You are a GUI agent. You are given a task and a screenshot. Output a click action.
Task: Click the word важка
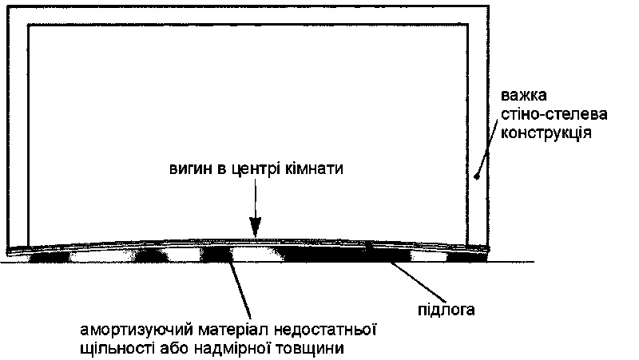tap(523, 96)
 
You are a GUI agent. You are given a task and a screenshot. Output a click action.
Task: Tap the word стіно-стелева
tap(554, 114)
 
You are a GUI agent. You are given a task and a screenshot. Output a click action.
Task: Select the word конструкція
tap(546, 133)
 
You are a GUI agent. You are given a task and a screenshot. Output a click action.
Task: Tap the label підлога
tap(447, 310)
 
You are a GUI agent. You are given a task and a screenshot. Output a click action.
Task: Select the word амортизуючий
tap(137, 330)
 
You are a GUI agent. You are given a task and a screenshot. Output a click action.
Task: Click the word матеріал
tap(233, 330)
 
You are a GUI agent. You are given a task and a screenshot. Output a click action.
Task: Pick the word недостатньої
tap(324, 330)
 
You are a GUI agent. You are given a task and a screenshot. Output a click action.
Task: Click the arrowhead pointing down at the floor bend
tap(256, 227)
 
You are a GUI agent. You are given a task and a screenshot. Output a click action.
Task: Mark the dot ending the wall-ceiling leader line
tap(476, 176)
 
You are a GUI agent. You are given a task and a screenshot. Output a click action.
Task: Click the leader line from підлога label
tap(419, 283)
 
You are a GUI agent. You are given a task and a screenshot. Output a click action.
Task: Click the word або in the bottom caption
tap(174, 349)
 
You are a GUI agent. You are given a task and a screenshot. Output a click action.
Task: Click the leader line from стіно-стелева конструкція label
tap(487, 148)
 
